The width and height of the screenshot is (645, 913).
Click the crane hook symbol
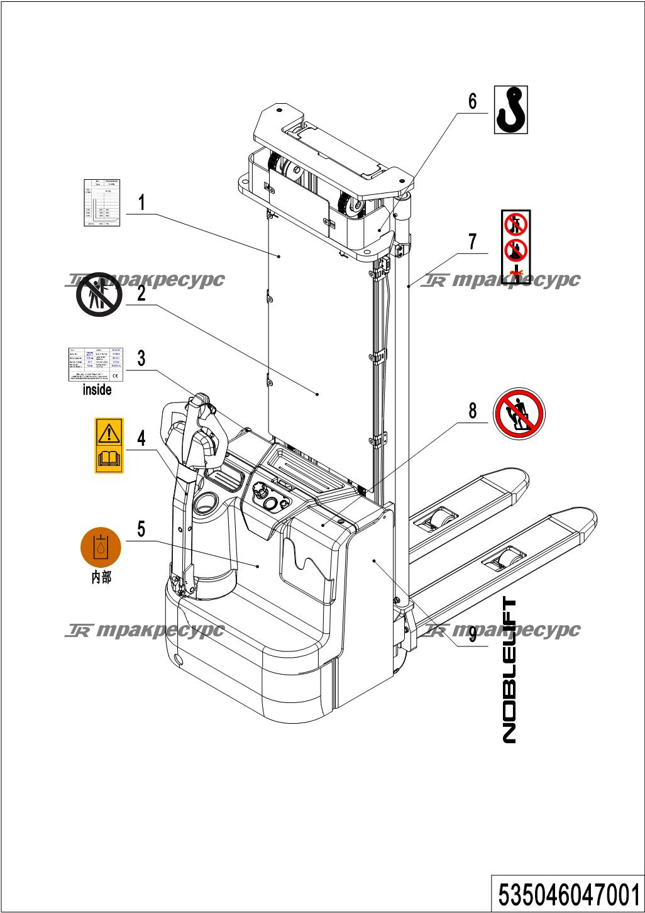coord(510,109)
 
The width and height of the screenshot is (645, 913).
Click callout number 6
coord(472,101)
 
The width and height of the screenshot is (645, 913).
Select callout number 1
coord(142,202)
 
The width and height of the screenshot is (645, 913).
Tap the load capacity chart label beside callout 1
coord(102,202)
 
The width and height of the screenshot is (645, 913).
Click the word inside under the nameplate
coord(97,390)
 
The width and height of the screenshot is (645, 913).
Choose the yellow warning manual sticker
coord(109,445)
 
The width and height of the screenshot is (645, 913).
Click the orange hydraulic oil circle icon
coord(100,546)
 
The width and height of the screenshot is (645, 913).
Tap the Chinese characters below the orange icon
coord(101,577)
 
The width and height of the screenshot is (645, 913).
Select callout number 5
coord(141,529)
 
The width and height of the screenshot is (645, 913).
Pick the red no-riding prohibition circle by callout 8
coord(519,414)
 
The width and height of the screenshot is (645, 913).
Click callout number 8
coord(472,411)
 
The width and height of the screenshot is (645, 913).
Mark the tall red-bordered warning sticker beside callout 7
coord(515,246)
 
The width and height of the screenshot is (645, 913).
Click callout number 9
coord(472,634)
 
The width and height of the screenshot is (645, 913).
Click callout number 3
coord(141,358)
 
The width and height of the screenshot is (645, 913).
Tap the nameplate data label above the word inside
coord(96,364)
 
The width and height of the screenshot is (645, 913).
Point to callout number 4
coord(141,438)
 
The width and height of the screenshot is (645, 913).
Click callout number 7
coord(472,241)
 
